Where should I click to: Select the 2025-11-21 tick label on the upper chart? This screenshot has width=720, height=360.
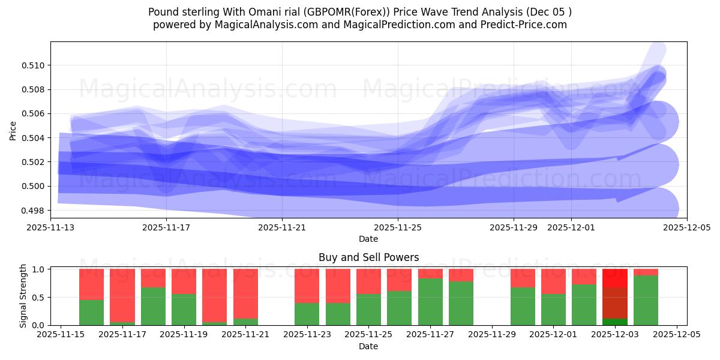click(282, 228)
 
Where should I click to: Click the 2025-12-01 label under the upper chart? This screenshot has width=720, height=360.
click(571, 228)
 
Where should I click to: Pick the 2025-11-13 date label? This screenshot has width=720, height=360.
click(50, 228)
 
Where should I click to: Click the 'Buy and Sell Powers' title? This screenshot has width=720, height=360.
click(368, 257)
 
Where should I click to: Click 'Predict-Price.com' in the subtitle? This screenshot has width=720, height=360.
click(525, 25)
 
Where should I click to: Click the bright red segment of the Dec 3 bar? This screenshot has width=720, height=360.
click(614, 278)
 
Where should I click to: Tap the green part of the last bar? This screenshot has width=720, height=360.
click(646, 300)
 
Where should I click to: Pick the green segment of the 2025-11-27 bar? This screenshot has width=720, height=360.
click(430, 302)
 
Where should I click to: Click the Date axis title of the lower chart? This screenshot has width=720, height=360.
click(368, 346)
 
